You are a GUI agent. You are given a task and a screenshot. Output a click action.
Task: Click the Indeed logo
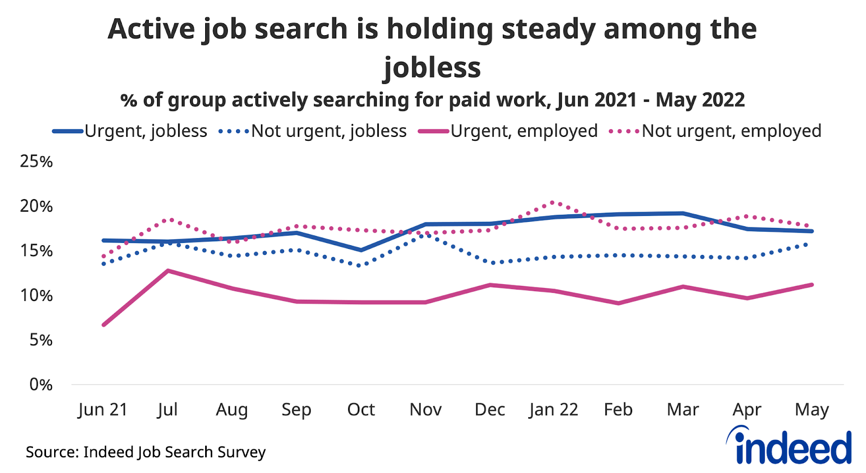click(790, 446)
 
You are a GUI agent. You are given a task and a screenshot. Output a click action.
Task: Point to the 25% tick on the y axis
click(36, 161)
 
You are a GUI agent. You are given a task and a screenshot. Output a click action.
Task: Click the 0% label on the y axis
click(41, 385)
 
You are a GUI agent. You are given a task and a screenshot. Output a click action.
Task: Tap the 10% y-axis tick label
click(36, 295)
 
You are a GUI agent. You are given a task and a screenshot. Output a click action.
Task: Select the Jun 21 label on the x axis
click(102, 410)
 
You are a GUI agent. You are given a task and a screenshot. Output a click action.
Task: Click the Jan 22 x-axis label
click(554, 410)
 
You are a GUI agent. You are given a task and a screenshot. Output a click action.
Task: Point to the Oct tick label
click(361, 410)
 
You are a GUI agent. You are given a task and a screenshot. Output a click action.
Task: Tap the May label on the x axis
click(812, 410)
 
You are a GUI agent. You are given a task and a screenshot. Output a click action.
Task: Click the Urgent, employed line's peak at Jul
click(168, 271)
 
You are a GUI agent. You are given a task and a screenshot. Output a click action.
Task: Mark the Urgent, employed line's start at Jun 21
click(103, 325)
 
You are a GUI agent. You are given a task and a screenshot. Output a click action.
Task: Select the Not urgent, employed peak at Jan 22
click(553, 202)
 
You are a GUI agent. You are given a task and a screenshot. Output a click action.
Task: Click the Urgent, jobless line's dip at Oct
click(361, 250)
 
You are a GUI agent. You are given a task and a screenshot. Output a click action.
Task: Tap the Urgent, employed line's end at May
click(812, 285)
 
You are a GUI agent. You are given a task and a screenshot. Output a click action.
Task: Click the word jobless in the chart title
click(432, 68)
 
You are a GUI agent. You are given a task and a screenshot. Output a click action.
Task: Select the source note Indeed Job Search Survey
click(146, 452)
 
